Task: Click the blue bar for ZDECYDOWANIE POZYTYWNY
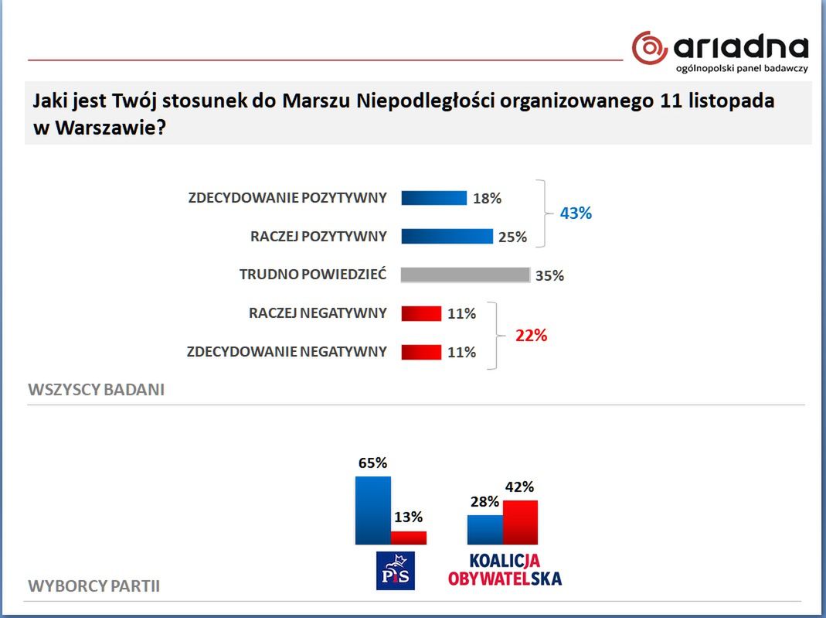pyautogui.click(x=434, y=198)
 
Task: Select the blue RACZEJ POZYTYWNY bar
pyautogui.click(x=447, y=236)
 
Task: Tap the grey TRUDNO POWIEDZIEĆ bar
pyautogui.click(x=465, y=275)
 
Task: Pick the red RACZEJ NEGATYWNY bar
pyautogui.click(x=421, y=313)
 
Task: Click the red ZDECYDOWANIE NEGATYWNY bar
pyautogui.click(x=421, y=352)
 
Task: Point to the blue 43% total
pyautogui.click(x=576, y=213)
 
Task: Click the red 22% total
pyautogui.click(x=531, y=336)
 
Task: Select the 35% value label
pyautogui.click(x=549, y=275)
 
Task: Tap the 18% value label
pyautogui.click(x=488, y=198)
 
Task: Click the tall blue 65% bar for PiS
pyautogui.click(x=373, y=510)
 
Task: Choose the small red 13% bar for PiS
pyautogui.click(x=409, y=538)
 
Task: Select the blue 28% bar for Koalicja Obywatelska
pyautogui.click(x=485, y=530)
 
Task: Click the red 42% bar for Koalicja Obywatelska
pyautogui.click(x=521, y=523)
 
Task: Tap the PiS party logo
pyautogui.click(x=396, y=571)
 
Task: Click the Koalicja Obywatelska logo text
pyautogui.click(x=505, y=569)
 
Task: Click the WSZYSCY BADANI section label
pyautogui.click(x=97, y=390)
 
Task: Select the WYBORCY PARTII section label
pyautogui.click(x=93, y=586)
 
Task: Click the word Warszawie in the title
pyautogui.click(x=110, y=128)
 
